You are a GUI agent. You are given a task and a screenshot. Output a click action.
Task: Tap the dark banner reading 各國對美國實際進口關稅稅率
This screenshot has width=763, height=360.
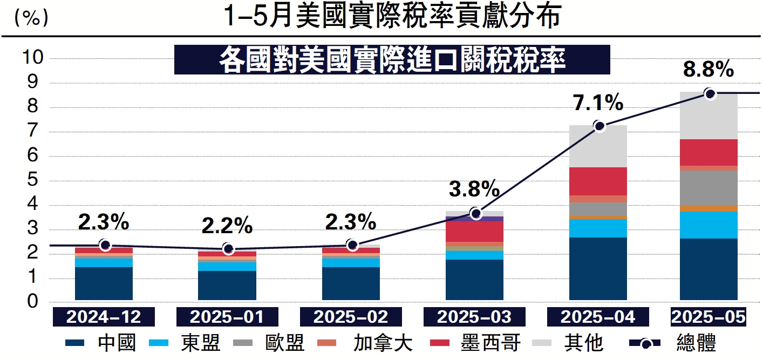(x=392, y=60)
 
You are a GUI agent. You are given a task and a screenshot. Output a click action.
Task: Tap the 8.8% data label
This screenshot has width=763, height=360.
(x=708, y=69)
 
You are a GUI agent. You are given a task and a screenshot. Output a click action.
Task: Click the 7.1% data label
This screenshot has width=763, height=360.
(x=598, y=103)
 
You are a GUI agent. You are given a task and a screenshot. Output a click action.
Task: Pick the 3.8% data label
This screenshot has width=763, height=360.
(x=474, y=189)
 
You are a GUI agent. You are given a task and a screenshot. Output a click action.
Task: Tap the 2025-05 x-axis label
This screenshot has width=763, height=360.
(x=707, y=317)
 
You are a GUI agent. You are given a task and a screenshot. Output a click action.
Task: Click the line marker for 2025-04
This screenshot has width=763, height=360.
(x=599, y=126)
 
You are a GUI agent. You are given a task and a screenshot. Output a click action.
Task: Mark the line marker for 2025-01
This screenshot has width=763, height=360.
(x=228, y=249)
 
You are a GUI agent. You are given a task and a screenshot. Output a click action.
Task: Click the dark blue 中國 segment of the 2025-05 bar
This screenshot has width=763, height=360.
(x=708, y=269)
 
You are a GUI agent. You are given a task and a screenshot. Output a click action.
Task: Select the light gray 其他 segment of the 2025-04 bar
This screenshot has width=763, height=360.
(x=598, y=146)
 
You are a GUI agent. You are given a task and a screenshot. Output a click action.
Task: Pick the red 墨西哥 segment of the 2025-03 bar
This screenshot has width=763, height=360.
(x=474, y=232)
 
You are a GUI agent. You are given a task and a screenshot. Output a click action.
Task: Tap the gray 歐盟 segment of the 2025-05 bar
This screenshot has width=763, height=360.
(x=708, y=188)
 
